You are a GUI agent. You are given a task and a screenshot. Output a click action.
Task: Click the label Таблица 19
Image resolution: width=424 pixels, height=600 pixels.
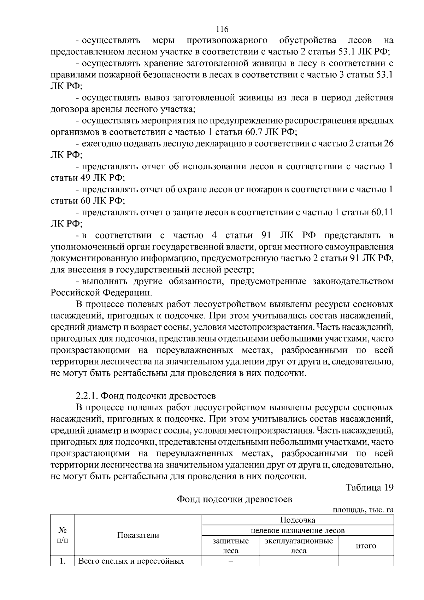369,488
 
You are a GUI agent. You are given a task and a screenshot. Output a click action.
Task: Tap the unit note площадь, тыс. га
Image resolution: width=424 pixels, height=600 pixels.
363,510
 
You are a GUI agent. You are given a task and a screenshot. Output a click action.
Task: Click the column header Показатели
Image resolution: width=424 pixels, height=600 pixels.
138,535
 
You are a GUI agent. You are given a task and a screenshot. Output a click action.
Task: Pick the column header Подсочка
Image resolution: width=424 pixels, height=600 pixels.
297,520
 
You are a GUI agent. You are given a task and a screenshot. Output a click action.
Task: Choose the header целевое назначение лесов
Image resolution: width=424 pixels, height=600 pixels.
297,530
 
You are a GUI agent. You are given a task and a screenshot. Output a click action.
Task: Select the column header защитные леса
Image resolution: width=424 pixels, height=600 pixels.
230,546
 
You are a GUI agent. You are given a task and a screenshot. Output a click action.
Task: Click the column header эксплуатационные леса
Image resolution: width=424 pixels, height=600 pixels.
298,546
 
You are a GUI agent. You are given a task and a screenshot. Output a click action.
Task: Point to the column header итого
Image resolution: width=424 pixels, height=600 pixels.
366,546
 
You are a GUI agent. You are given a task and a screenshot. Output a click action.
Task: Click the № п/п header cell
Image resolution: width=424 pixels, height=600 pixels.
62,535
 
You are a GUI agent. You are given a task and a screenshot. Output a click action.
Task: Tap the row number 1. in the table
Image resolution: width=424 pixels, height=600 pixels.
62,561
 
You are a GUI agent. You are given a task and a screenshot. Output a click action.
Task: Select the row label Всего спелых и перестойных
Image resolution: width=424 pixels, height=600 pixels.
131,561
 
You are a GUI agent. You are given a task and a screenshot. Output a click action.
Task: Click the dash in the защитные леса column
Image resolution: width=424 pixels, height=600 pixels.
230,561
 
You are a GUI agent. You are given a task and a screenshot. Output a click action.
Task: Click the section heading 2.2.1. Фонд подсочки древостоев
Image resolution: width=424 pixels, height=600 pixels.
146,395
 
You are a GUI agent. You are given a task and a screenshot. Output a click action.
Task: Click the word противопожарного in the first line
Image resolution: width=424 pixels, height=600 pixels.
226,40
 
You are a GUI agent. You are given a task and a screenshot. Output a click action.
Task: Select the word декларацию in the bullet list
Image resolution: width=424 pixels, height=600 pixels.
192,143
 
